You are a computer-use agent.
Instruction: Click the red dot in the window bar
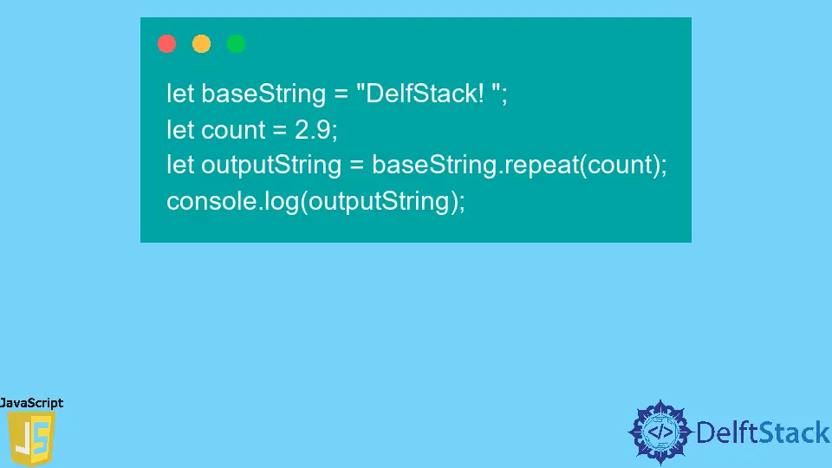coord(167,44)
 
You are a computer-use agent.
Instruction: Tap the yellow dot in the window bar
coord(202,44)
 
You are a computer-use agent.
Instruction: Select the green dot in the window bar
coord(237,44)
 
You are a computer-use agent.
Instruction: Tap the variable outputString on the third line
coord(271,165)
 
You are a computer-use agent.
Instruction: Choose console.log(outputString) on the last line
coord(315,201)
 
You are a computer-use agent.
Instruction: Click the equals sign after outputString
coord(357,166)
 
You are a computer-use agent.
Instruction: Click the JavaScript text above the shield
coord(32,403)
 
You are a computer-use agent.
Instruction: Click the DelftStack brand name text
coord(763,432)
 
